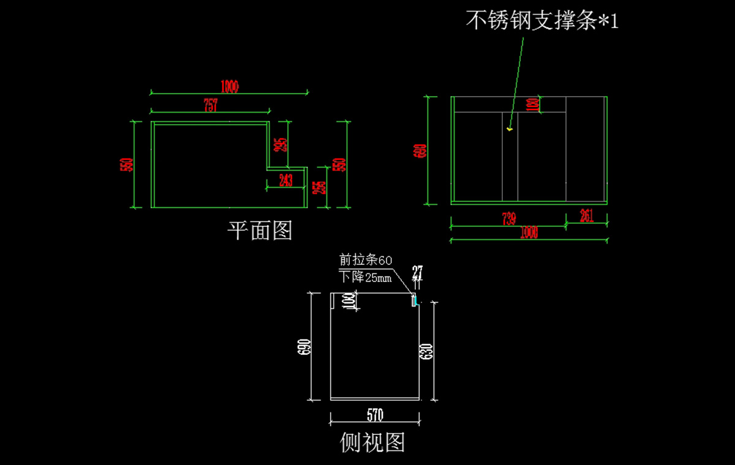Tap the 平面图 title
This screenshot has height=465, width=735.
[x=260, y=231]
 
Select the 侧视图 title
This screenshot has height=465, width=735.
[x=372, y=442]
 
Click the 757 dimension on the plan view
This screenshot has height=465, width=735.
[x=210, y=105]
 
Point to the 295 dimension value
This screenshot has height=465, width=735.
[x=281, y=145]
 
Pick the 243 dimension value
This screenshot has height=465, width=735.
[x=285, y=180]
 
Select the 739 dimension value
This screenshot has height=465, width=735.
[x=508, y=218]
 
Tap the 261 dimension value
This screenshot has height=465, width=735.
[x=586, y=215]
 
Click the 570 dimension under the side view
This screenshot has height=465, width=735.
[x=375, y=415]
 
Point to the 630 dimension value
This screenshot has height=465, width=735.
[x=427, y=351]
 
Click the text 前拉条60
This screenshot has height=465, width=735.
[x=366, y=260]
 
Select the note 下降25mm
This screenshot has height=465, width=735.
[x=365, y=277]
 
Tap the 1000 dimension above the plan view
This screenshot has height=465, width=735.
[x=229, y=87]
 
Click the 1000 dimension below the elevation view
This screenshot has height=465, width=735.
[x=529, y=232]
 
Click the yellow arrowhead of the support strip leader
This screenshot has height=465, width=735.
[x=510, y=129]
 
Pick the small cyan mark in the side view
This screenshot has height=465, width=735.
[x=415, y=300]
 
